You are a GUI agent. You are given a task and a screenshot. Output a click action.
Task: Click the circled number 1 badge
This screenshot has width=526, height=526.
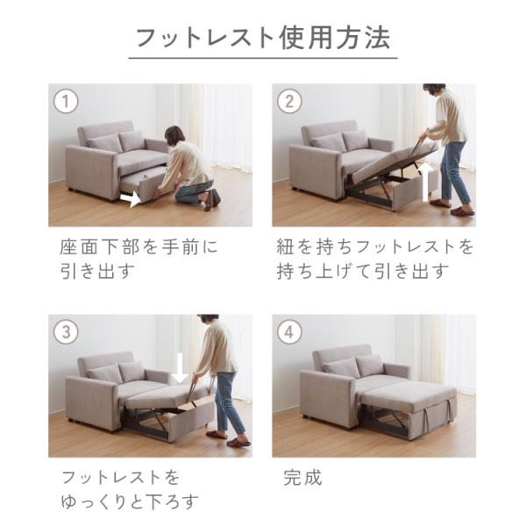[x=66, y=101]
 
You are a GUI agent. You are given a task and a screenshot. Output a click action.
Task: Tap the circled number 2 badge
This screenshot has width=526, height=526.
[x=289, y=101]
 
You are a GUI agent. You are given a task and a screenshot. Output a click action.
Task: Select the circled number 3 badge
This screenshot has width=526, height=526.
[x=66, y=331]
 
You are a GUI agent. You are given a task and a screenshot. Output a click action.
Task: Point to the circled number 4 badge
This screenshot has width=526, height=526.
[x=289, y=331]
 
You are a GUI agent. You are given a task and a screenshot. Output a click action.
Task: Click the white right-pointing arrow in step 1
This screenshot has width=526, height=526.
[x=130, y=199]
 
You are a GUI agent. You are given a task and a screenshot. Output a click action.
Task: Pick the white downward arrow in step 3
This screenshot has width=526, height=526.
[x=180, y=369]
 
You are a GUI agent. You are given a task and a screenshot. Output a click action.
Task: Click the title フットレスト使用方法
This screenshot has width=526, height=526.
[x=263, y=38]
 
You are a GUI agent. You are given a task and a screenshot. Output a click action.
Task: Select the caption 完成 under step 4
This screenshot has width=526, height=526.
[x=302, y=478]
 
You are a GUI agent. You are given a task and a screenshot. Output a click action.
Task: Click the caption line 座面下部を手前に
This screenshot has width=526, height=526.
[x=139, y=246]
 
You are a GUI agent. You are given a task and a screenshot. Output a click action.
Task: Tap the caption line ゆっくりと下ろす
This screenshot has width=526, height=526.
[x=130, y=501]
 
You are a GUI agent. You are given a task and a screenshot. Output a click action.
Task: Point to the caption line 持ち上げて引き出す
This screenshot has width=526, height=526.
[x=363, y=271]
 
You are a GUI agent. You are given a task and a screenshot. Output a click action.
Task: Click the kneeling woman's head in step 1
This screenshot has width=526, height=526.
[x=174, y=135]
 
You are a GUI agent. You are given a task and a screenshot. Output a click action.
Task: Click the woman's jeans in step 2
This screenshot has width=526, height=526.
[x=453, y=172]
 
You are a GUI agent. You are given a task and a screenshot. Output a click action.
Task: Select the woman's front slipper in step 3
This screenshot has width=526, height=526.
[x=238, y=443]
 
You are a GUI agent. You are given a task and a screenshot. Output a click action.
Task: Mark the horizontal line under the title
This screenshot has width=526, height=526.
[x=263, y=59]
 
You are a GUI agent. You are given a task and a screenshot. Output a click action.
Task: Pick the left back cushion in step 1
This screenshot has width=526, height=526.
[x=104, y=143]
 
